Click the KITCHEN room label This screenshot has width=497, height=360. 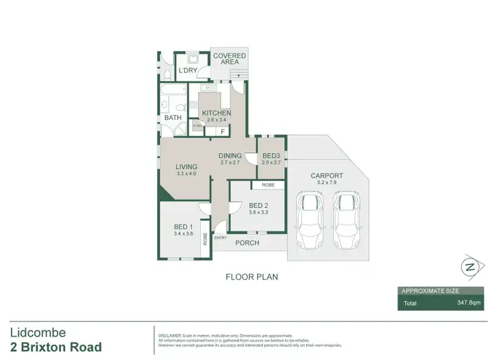click(217, 113)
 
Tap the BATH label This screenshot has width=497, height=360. click(173, 118)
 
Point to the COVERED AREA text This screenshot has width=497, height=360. click(229, 59)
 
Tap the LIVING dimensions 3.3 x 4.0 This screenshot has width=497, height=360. click(188, 174)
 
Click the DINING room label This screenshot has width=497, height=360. click(230, 156)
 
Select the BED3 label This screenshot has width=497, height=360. click(271, 156)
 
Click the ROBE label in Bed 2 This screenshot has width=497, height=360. click(268, 185)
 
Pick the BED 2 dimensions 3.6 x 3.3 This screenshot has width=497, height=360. click(258, 212)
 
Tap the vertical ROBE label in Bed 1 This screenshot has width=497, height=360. click(205, 239)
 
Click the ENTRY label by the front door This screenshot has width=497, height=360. click(221, 237)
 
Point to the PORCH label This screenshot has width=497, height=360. click(247, 243)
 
